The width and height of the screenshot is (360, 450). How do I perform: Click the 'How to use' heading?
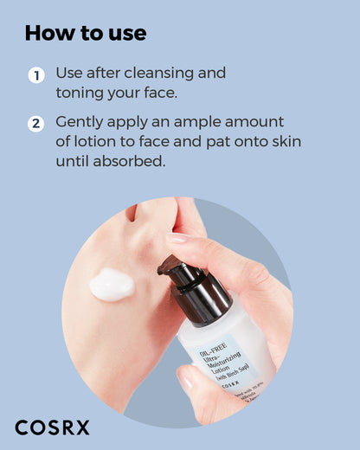tap(86, 34)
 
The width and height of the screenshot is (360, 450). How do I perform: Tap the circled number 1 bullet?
tap(35, 75)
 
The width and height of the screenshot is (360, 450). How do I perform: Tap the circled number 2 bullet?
tap(35, 124)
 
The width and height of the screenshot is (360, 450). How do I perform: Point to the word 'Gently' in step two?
tap(80, 122)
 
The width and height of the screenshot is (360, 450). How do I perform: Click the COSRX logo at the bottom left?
tap(52, 427)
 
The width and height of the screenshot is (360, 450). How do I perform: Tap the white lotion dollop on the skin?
tap(111, 285)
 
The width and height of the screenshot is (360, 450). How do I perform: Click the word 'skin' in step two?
tap(281, 141)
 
